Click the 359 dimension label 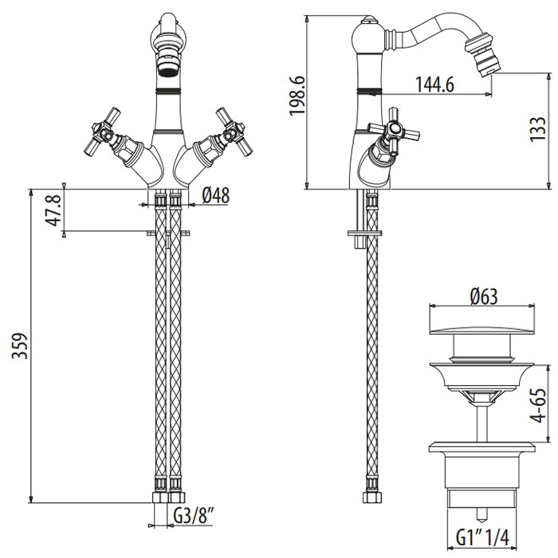[x=20, y=346]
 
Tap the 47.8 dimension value [x=53, y=210]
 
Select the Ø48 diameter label [x=216, y=195]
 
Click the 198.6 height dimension [x=297, y=96]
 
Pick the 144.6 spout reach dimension [x=434, y=84]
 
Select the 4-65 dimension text [x=538, y=405]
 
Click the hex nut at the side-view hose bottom [x=372, y=497]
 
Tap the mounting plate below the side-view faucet [x=365, y=234]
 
